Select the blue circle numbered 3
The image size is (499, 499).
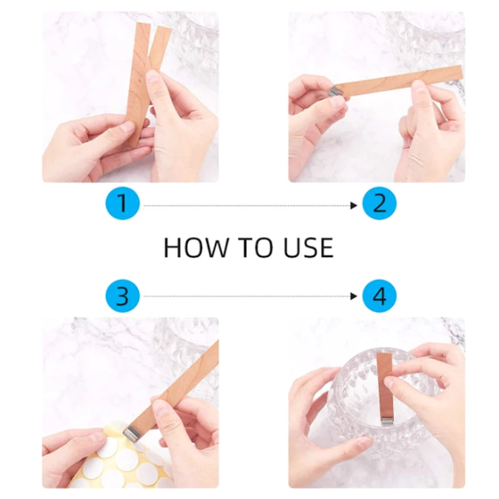click(122, 296)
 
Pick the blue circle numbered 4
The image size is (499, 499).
click(380, 296)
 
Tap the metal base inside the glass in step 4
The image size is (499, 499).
click(387, 419)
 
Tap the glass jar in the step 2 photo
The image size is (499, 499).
click(430, 37)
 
